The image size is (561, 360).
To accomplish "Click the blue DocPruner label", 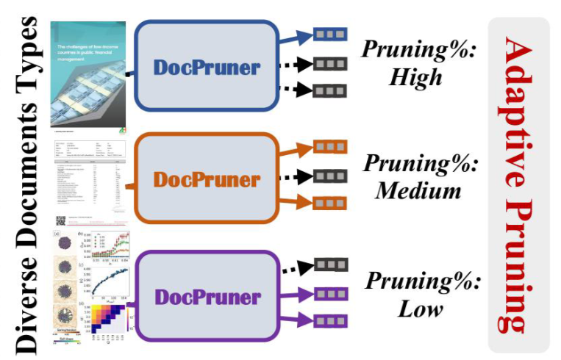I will tap(207, 68).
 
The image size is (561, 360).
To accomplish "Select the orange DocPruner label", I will tap(207, 180).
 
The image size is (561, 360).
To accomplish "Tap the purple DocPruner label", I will tap(207, 298).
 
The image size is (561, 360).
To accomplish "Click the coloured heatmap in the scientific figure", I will tap(110, 322).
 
